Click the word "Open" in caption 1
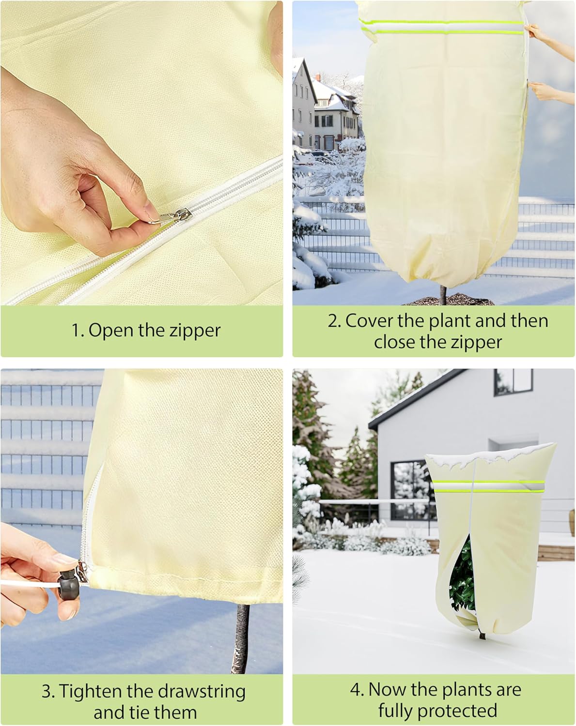click(111, 331)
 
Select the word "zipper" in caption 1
click(195, 331)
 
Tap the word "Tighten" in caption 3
click(91, 691)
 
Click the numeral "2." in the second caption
click(334, 321)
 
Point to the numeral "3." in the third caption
click(48, 691)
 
